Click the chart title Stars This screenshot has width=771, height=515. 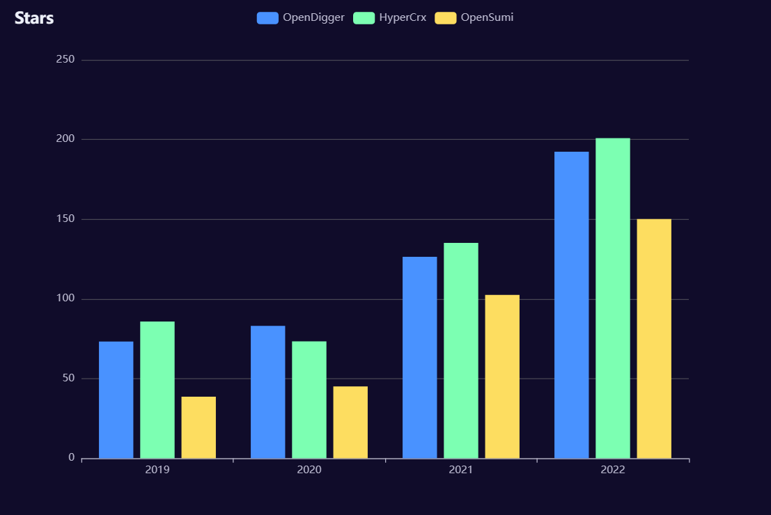[x=34, y=18]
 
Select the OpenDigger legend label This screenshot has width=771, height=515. [x=313, y=17]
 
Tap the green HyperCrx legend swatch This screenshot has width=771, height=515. [x=364, y=18]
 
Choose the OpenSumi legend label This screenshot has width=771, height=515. [x=487, y=17]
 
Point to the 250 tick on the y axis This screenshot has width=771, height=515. [x=65, y=60]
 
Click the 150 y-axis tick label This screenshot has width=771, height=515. [x=65, y=219]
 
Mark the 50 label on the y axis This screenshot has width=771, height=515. [x=68, y=379]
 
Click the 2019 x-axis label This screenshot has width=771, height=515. [x=157, y=470]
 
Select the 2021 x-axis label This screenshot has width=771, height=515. [x=461, y=470]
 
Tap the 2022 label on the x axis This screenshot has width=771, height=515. [x=613, y=470]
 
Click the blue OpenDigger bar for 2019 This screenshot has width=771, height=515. [x=116, y=399]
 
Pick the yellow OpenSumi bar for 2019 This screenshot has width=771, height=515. [x=198, y=427]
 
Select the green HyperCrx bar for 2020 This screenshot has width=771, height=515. [x=309, y=399]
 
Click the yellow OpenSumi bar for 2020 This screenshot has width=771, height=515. [x=350, y=422]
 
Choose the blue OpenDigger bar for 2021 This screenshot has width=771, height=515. [x=420, y=358]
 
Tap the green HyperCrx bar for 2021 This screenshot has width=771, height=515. [x=461, y=351]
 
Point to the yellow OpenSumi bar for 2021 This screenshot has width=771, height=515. [x=502, y=377]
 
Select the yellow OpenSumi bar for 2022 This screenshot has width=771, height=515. [x=654, y=338]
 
